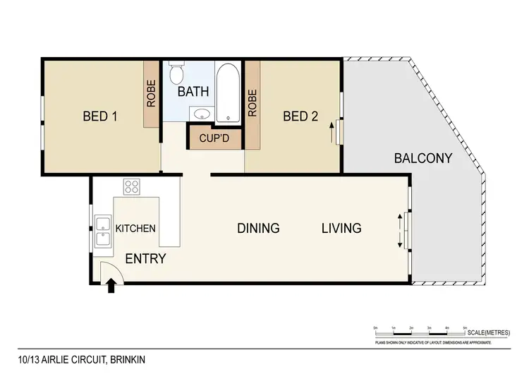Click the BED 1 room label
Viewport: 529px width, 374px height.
(x=100, y=116)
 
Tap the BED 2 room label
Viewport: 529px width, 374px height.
(x=300, y=116)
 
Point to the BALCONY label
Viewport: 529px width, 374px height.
(x=422, y=159)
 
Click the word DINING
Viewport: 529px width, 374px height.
(x=258, y=228)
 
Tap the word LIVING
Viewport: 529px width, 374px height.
(x=341, y=228)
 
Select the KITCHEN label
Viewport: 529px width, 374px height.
(x=135, y=229)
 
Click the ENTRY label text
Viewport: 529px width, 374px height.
(x=145, y=259)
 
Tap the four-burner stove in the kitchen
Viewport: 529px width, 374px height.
(x=132, y=187)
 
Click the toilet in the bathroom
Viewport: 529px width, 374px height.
(x=177, y=73)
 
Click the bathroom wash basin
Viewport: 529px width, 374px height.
(x=200, y=114)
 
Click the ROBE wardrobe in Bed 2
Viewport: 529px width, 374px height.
(x=253, y=103)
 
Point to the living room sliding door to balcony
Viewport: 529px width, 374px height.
(x=403, y=230)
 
